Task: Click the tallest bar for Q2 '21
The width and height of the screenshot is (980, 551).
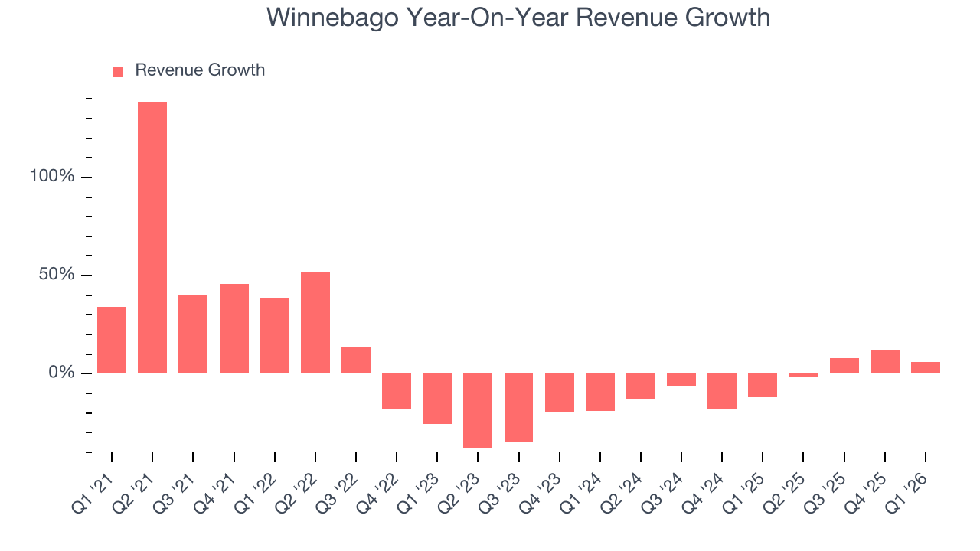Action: tap(152, 237)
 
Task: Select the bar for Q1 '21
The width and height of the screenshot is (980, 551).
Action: tap(112, 340)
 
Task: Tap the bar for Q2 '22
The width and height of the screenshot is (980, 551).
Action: tap(315, 322)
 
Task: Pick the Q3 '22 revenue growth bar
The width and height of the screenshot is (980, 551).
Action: tap(356, 360)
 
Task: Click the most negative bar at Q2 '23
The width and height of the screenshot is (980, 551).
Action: tap(478, 410)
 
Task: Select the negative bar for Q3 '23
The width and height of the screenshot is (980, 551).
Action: tap(518, 407)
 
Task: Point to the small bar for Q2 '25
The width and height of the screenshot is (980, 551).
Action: tap(803, 375)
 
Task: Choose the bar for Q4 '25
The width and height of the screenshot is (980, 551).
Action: tap(885, 361)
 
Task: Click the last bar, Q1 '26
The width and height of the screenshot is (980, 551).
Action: tap(926, 367)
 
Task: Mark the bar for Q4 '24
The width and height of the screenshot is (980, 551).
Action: tap(722, 391)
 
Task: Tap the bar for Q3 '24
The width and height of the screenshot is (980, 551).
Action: tap(681, 380)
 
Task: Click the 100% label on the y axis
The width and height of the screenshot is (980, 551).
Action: tap(52, 177)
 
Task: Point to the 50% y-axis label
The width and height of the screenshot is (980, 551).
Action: tap(57, 275)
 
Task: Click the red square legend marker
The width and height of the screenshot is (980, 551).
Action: tap(118, 72)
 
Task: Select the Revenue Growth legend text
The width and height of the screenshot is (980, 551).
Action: tap(200, 70)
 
